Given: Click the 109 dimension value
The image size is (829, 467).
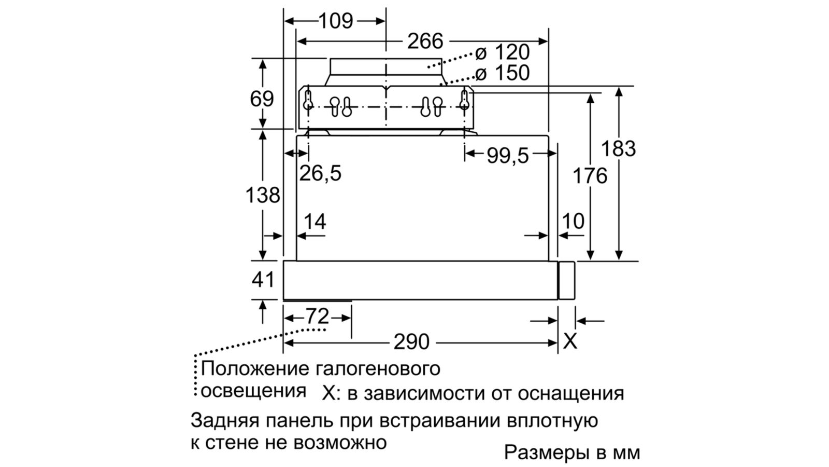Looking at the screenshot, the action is tap(335, 21).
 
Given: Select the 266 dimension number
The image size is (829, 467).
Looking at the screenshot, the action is tap(425, 41).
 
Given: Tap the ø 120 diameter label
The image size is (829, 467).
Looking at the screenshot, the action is tap(503, 52).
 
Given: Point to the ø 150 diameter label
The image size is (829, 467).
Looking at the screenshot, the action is tap(503, 73).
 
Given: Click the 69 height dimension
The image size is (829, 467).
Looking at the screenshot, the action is tap(262, 98).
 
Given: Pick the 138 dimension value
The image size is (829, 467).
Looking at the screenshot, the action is tap(263, 195).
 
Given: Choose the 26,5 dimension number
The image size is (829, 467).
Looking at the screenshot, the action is tap(321, 173).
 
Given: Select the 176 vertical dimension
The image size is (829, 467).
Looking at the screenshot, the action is tap(590, 176).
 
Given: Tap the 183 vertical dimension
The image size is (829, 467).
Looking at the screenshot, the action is tap(618, 149).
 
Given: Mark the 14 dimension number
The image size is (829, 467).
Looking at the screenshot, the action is tap(315, 222).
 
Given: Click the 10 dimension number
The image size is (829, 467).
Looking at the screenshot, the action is tap(573, 222).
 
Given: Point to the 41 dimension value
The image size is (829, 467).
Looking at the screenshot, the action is tap(263, 280).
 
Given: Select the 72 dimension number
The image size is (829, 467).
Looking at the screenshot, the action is tap(317, 316).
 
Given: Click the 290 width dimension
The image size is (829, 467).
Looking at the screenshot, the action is tap(412, 342).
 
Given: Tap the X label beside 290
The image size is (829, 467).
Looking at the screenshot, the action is tap(570, 341).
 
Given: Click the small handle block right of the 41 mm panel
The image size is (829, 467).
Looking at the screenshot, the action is tap(567, 281).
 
